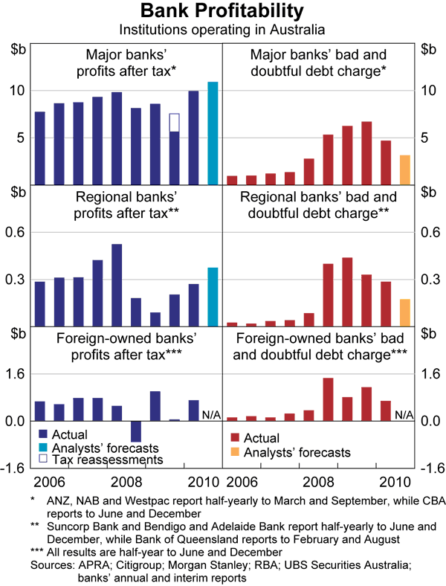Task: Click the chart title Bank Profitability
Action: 222,12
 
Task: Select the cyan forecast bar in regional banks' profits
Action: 213,297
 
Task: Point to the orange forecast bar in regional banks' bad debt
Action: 404,312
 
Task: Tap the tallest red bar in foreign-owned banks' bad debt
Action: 327,399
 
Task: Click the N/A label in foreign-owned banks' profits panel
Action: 212,414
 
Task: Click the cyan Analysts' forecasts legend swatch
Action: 43,448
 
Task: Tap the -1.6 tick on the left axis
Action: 16,468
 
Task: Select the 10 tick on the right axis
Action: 427,90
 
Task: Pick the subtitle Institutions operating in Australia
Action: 222,30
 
